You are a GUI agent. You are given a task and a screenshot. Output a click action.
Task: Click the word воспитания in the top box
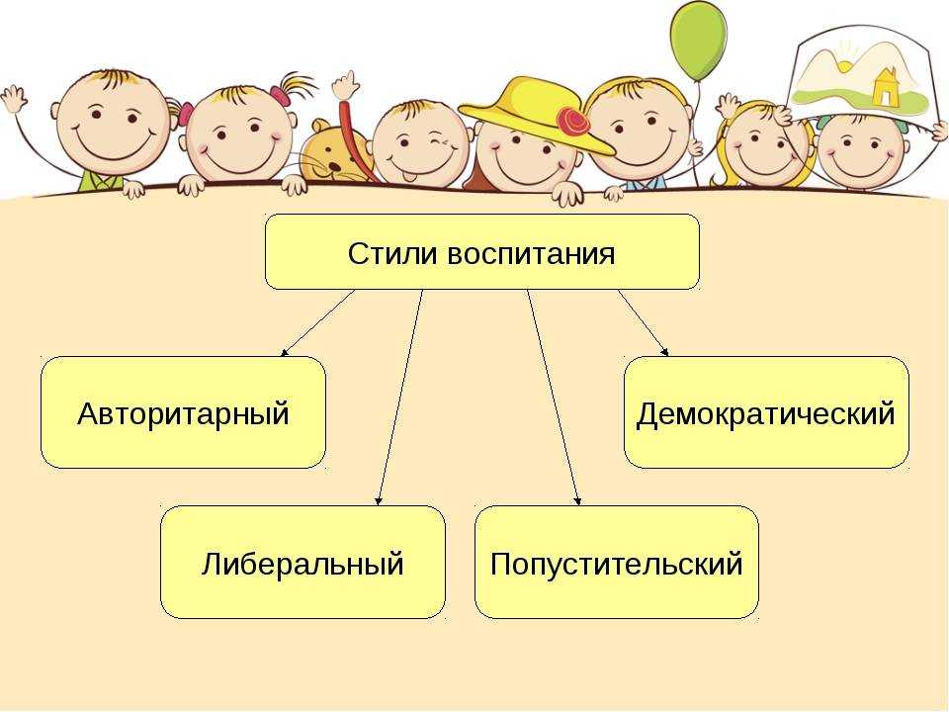[x=532, y=254]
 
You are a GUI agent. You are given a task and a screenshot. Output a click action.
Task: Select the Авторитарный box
[x=184, y=412]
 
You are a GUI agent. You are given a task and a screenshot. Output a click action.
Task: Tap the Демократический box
[x=766, y=412]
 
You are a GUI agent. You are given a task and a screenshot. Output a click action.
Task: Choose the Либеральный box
[x=302, y=562]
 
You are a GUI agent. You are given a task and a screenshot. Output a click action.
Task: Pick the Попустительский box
[x=617, y=562]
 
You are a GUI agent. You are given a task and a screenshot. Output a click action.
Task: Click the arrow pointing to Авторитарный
[x=318, y=322]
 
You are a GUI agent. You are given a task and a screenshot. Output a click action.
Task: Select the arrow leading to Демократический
[x=644, y=322]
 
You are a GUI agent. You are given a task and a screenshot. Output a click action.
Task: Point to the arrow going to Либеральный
[x=399, y=398]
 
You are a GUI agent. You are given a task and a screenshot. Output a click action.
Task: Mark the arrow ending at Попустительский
[x=555, y=398]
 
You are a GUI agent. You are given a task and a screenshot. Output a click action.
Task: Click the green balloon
[x=699, y=41]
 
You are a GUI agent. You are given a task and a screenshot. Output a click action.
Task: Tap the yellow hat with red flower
[x=536, y=114]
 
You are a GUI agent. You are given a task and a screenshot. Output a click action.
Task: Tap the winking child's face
[x=421, y=144]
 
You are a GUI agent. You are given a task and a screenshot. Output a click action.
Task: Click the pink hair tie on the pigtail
[x=280, y=94]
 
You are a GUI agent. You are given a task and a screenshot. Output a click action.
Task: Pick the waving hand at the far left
[x=13, y=98]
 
